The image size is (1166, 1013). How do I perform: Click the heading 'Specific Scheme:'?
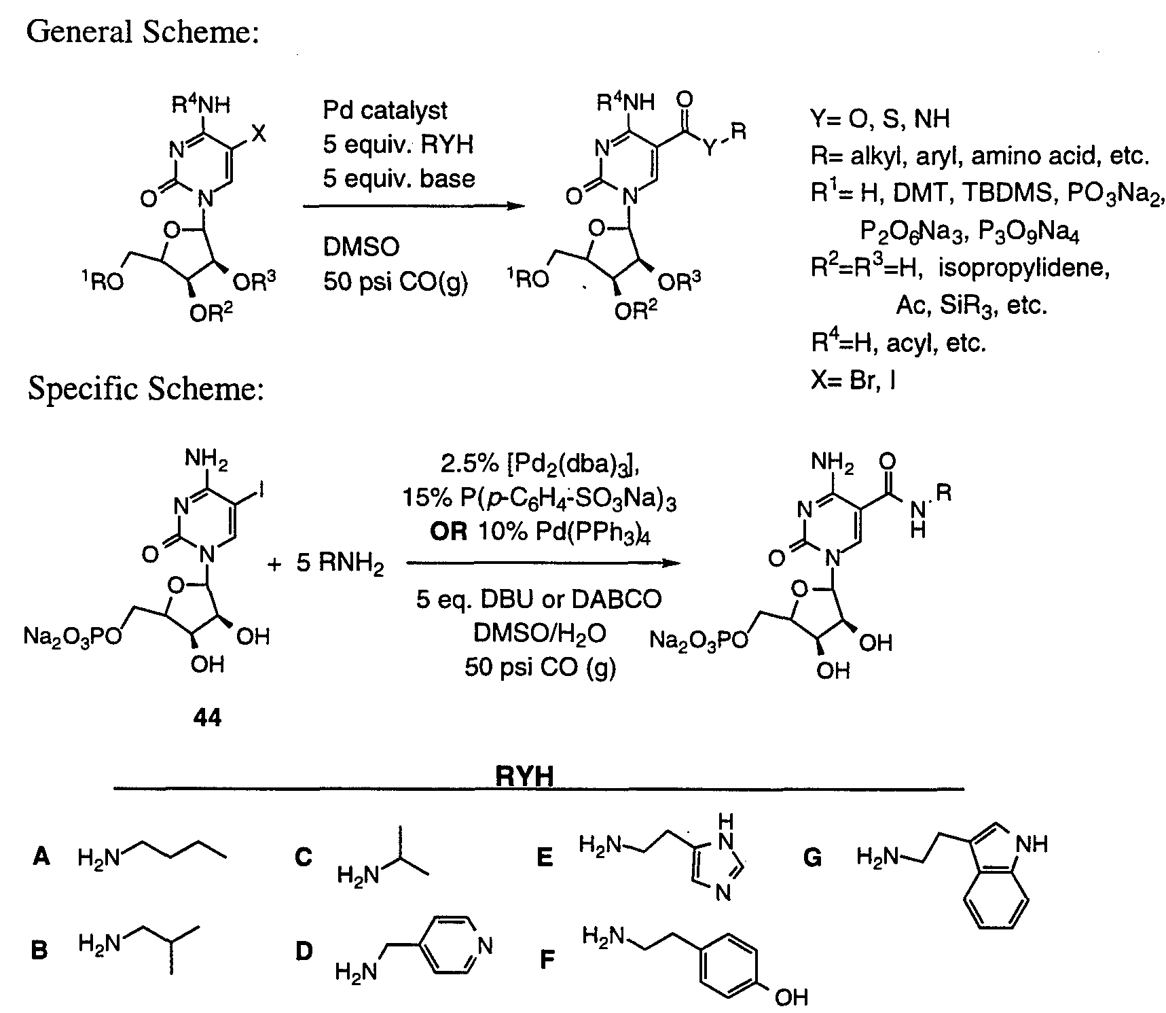(x=145, y=390)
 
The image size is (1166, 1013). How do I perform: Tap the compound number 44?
(x=207, y=717)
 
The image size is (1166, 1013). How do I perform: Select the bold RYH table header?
(x=524, y=776)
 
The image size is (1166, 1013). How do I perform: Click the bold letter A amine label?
(x=41, y=858)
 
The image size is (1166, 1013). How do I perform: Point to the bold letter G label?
(x=813, y=859)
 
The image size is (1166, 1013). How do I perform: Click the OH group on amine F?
(x=791, y=997)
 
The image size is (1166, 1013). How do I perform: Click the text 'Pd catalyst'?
(x=385, y=111)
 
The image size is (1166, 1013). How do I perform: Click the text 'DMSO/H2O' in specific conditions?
(x=539, y=635)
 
